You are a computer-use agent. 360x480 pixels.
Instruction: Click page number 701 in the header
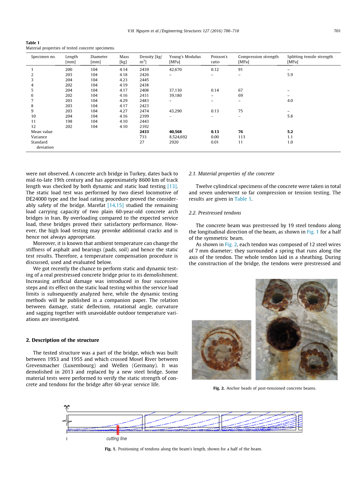pos(337,31)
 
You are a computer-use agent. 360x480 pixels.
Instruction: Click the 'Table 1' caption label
pos(33,43)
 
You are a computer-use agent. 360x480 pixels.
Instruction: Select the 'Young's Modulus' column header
pos(185,57)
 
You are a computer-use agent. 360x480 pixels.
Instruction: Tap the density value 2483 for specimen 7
pos(144,101)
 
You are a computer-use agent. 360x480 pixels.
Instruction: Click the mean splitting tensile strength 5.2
pos(290,132)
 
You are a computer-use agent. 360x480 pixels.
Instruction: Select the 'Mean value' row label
pos(42,132)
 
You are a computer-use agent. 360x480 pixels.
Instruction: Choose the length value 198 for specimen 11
pos(68,121)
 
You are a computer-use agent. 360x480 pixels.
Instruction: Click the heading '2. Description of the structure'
pos(62,340)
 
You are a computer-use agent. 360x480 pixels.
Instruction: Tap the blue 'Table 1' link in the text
pos(243,199)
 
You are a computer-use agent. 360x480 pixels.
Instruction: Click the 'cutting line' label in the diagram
pos(116,438)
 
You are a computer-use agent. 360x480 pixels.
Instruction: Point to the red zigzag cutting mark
pos(118,429)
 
